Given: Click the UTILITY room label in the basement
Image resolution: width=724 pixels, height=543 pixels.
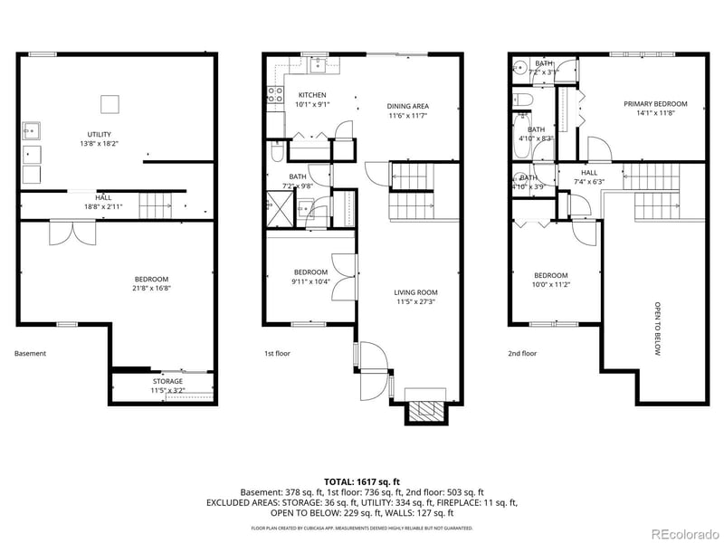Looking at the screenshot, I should pyautogui.click(x=100, y=134).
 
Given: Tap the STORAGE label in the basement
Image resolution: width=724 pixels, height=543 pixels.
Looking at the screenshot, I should pyautogui.click(x=167, y=381).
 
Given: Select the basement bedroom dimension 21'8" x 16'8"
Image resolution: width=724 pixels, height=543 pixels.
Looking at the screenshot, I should pyautogui.click(x=151, y=288).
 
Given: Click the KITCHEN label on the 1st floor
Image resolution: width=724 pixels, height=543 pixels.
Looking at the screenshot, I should pyautogui.click(x=312, y=95).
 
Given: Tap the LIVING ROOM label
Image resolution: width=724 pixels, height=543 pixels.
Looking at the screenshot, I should pyautogui.click(x=415, y=292).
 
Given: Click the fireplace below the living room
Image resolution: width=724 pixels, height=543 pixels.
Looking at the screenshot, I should pyautogui.click(x=424, y=409).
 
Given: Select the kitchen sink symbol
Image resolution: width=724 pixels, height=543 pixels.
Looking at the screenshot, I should pyautogui.click(x=319, y=63).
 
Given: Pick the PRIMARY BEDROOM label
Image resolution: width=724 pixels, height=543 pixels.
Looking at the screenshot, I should pyautogui.click(x=655, y=104).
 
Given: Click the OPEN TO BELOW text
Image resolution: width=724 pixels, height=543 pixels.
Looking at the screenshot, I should pyautogui.click(x=658, y=329).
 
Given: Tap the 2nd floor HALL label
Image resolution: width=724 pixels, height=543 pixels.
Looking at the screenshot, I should pyautogui.click(x=589, y=173).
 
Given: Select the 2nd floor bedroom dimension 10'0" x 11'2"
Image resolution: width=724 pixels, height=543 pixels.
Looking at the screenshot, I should pyautogui.click(x=550, y=284).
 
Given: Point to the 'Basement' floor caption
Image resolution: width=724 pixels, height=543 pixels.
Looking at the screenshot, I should pyautogui.click(x=30, y=354).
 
